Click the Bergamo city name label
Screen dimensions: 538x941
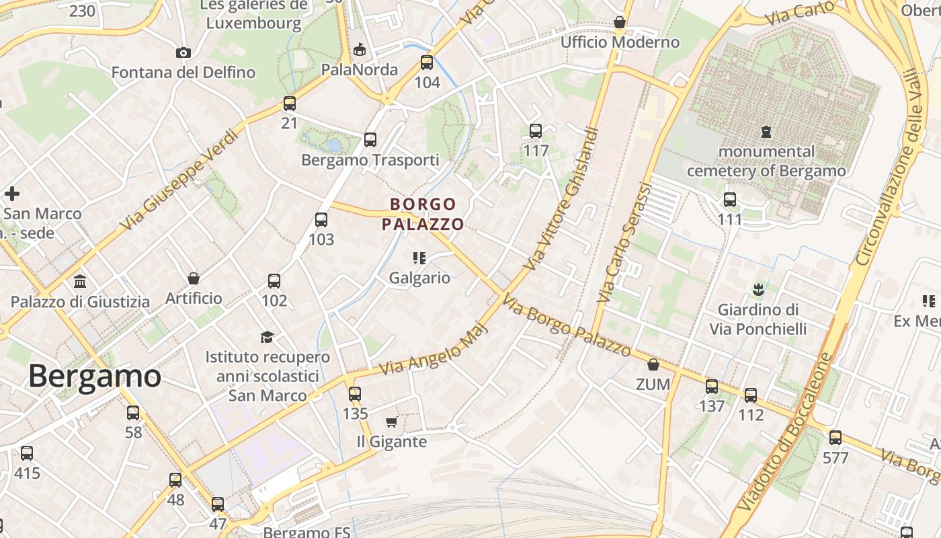click(x=94, y=377)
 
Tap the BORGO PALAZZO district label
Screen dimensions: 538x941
click(x=423, y=214)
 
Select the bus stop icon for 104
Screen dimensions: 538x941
click(x=427, y=63)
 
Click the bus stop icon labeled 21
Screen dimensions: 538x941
click(x=289, y=104)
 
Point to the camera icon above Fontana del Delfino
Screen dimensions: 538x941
click(x=183, y=52)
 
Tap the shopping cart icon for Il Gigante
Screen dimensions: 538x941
click(x=391, y=422)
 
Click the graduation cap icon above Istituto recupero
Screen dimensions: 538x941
click(x=268, y=337)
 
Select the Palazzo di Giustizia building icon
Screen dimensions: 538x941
click(x=80, y=281)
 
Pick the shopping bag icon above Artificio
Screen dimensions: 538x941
click(x=194, y=278)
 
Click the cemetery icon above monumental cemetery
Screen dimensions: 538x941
click(x=766, y=132)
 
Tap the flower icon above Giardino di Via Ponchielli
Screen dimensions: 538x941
click(x=758, y=290)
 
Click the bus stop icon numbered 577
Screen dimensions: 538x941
click(x=835, y=438)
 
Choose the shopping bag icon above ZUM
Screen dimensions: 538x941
click(x=653, y=364)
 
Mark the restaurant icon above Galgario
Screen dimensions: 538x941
click(x=419, y=258)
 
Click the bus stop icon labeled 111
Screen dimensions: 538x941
click(x=729, y=200)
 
